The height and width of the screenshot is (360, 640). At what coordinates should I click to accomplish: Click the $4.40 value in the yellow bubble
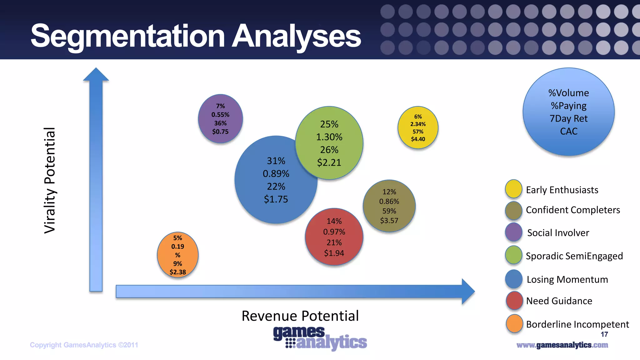tap(418, 139)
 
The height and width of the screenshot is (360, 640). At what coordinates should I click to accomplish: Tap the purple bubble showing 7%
tap(220, 119)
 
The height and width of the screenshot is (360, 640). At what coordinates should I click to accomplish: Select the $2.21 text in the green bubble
tap(329, 162)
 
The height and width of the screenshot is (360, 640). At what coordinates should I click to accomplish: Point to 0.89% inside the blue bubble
tap(276, 174)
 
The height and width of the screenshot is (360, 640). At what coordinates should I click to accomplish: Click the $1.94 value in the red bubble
tap(334, 253)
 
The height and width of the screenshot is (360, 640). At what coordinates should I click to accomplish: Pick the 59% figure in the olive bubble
tap(389, 211)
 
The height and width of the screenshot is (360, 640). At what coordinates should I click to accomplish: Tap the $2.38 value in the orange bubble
tap(177, 272)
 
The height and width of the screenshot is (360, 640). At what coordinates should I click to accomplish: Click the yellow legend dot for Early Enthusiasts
tap(513, 189)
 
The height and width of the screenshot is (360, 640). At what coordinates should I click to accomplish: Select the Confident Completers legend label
tap(573, 210)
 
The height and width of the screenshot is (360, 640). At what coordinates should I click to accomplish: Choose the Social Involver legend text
tap(558, 233)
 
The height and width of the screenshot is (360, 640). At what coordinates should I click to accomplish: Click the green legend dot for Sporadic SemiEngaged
tap(513, 255)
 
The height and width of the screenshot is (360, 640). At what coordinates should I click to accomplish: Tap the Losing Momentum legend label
tap(567, 279)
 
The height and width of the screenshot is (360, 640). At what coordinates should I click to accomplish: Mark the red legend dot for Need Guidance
tap(514, 301)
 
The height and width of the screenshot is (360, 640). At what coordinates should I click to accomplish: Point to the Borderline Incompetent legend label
tap(577, 324)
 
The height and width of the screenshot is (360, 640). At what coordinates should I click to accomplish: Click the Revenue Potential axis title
tap(300, 316)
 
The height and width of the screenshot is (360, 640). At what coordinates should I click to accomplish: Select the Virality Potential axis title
tap(49, 180)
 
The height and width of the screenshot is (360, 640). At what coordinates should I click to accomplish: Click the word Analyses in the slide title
tap(296, 36)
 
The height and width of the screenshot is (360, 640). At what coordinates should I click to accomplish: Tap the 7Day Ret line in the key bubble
tap(568, 119)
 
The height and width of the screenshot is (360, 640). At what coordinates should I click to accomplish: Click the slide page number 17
tap(604, 334)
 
